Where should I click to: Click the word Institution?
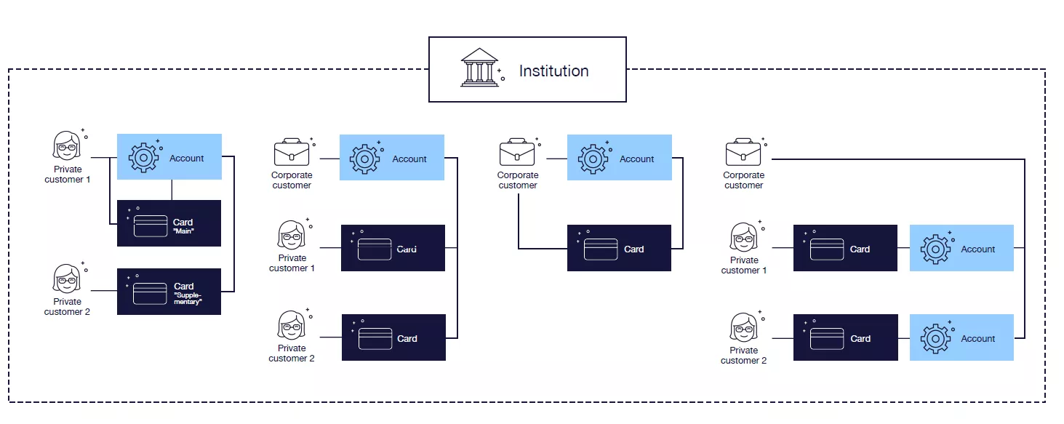click(553, 71)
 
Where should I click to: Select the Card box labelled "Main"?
click(169, 223)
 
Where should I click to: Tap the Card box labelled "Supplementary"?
click(169, 291)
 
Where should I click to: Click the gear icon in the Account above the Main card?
click(144, 157)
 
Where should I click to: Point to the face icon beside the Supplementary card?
click(67, 279)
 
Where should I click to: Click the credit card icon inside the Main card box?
click(151, 225)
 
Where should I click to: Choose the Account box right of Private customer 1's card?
click(961, 248)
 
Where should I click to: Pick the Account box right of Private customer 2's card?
click(961, 337)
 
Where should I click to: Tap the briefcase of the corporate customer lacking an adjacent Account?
click(743, 152)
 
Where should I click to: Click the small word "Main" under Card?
click(183, 231)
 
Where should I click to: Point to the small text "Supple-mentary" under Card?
click(188, 298)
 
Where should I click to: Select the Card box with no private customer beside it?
click(619, 248)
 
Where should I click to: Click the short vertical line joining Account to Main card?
click(172, 190)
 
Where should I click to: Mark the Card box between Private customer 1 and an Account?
click(845, 248)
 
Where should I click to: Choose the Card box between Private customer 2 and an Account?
click(845, 337)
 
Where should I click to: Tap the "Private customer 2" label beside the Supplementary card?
click(68, 306)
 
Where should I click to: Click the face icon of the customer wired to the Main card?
click(67, 145)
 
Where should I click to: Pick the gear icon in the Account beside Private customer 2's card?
click(935, 338)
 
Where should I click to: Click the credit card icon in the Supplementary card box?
click(151, 293)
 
